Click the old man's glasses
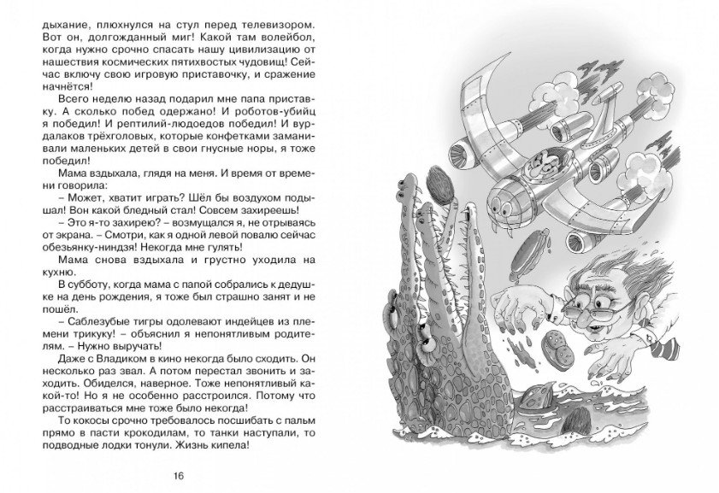616,298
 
